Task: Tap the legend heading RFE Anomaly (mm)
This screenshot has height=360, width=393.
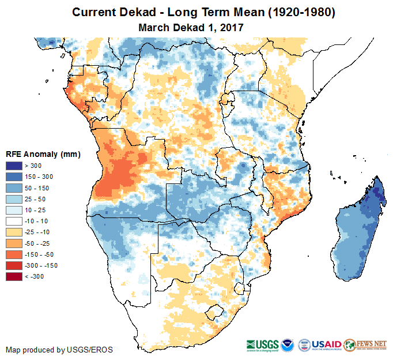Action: click(x=43, y=154)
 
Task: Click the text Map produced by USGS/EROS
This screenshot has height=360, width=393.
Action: click(x=59, y=350)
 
